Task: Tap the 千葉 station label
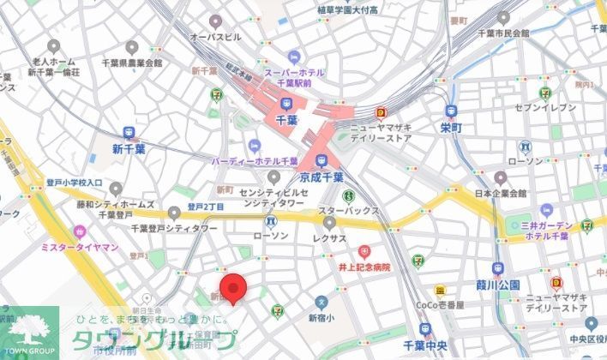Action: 285,122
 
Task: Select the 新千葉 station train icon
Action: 130,133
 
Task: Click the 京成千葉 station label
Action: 322,177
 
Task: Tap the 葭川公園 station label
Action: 498,285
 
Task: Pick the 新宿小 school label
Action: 322,317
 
